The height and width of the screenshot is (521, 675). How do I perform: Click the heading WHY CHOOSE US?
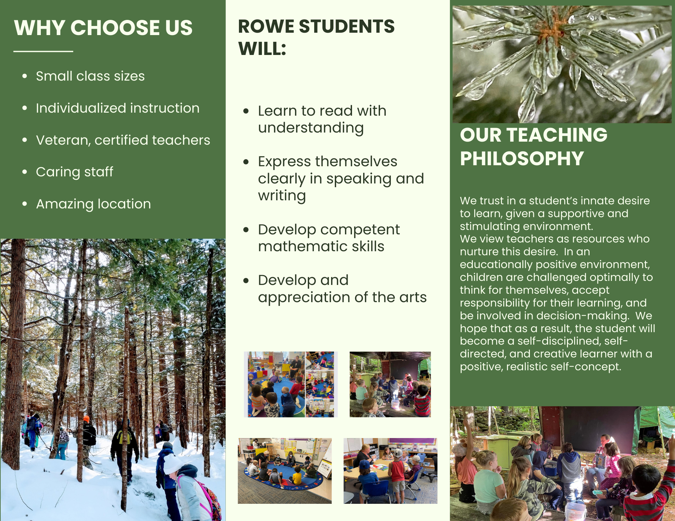click(103, 28)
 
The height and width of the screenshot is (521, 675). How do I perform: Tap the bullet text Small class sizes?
click(90, 76)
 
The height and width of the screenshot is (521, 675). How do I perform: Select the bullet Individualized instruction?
click(118, 108)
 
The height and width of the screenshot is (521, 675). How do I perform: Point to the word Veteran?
click(63, 140)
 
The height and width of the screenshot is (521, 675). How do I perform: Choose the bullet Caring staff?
click(75, 172)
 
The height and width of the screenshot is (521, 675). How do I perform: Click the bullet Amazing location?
click(93, 204)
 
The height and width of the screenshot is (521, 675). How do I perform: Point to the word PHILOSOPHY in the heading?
click(522, 158)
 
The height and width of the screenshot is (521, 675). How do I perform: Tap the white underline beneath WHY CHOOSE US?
click(43, 51)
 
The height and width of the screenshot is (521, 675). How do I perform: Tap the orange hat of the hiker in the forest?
click(86, 419)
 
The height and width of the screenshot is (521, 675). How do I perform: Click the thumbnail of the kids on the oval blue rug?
click(285, 471)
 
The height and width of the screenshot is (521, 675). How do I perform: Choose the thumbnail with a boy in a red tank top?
click(390, 471)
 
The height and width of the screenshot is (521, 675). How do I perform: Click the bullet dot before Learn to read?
click(246, 111)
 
